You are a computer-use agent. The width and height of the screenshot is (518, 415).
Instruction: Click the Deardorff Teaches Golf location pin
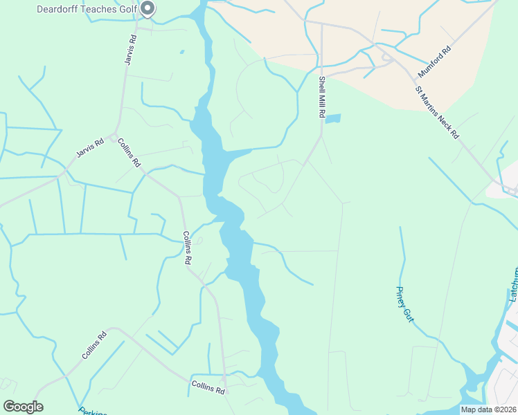148,8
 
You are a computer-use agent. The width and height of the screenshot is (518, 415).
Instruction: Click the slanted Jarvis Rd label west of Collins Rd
89,147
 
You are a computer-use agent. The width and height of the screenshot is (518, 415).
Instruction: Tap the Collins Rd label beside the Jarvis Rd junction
129,153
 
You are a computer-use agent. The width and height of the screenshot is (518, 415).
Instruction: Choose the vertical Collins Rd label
186,248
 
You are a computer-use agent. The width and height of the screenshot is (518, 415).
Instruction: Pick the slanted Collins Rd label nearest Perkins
94,345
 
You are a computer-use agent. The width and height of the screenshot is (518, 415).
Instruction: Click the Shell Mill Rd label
322,97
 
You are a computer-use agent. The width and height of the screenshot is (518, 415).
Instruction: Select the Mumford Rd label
434,62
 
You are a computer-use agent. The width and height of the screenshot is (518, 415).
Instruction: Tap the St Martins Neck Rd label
437,112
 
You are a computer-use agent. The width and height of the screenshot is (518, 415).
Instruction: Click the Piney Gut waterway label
404,303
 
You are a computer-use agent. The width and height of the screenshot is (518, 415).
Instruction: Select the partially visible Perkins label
92,411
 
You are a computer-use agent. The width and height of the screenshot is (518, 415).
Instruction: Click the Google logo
23,407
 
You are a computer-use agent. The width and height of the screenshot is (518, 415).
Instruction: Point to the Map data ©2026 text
488,409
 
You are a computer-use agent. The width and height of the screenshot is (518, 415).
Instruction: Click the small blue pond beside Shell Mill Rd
333,118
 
